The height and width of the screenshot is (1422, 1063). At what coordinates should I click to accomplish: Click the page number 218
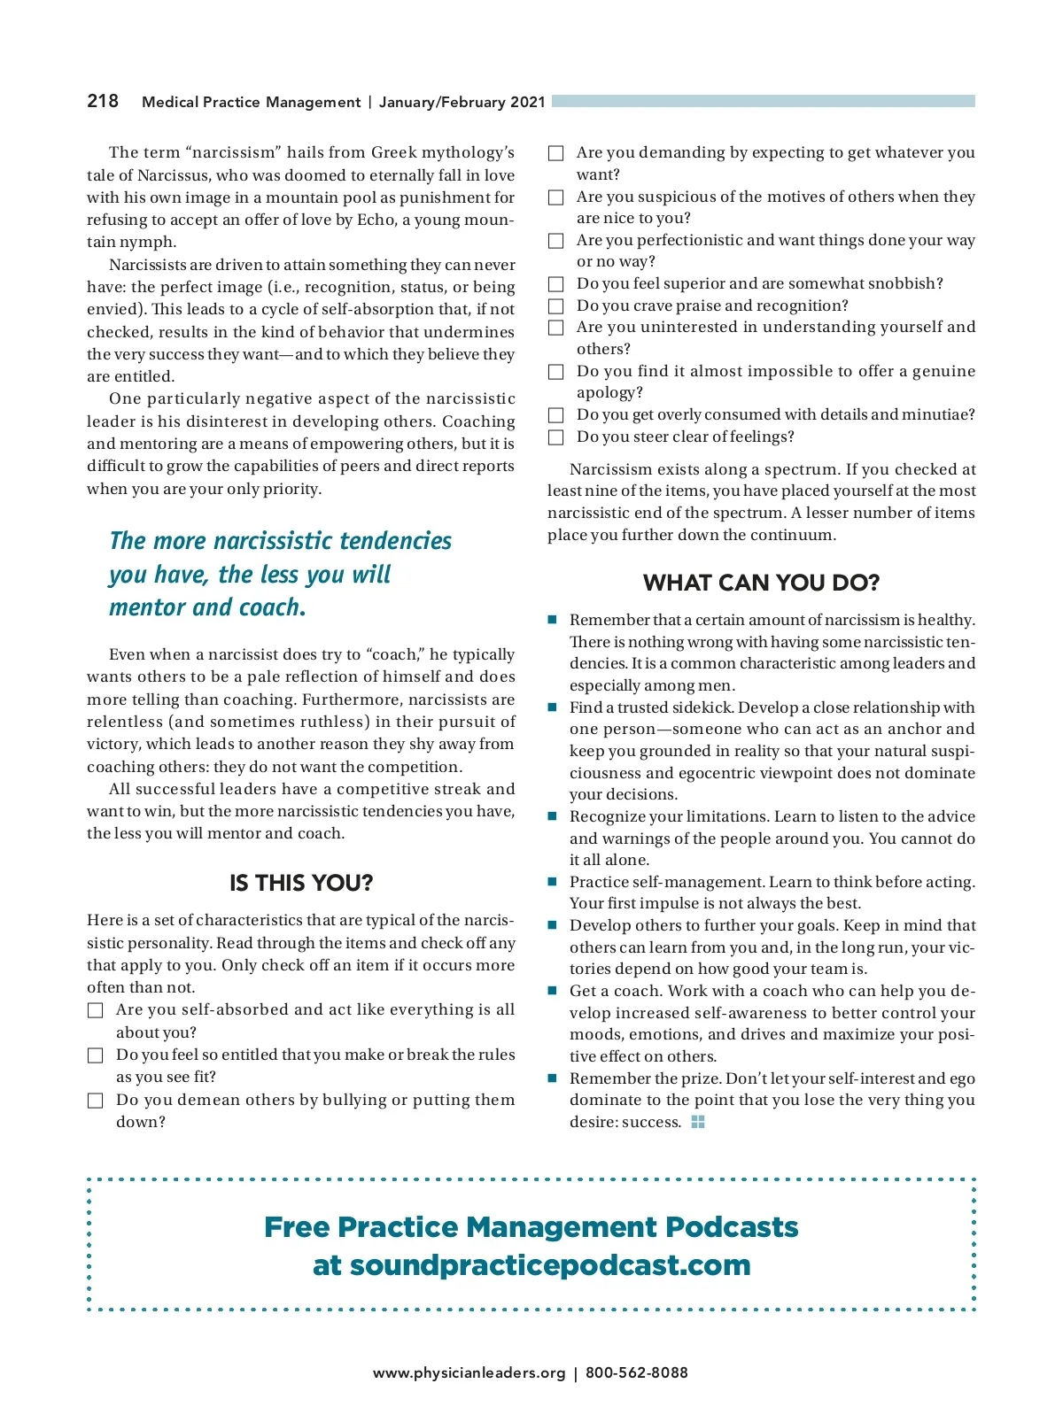(x=103, y=101)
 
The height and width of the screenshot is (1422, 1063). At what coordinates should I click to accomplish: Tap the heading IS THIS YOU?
(x=301, y=883)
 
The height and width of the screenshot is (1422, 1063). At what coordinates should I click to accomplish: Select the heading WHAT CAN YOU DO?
(x=761, y=583)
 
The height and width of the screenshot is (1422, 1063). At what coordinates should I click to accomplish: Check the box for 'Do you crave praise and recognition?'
(x=556, y=306)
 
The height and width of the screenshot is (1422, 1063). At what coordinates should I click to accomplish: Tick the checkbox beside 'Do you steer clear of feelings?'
(x=556, y=437)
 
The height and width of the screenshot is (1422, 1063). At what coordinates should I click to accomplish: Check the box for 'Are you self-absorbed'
(x=96, y=1010)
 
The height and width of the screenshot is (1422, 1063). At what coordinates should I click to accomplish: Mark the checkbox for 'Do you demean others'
(x=96, y=1101)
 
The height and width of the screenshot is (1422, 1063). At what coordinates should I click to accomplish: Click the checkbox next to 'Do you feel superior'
(x=556, y=284)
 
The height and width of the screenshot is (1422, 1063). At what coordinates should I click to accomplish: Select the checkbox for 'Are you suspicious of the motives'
(x=556, y=197)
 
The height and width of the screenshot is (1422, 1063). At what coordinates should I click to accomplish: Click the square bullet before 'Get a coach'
(x=552, y=991)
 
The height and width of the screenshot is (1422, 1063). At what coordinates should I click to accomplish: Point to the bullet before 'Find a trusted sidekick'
(x=552, y=707)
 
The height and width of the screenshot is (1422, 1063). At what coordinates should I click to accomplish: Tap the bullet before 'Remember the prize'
(x=552, y=1078)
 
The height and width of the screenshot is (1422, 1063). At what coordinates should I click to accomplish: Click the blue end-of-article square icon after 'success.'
(x=698, y=1122)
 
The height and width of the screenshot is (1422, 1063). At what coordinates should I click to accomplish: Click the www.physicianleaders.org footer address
(x=469, y=1373)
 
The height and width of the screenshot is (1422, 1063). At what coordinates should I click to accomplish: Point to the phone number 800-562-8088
(x=636, y=1373)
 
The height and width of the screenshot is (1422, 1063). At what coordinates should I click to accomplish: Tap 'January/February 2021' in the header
(x=462, y=102)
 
